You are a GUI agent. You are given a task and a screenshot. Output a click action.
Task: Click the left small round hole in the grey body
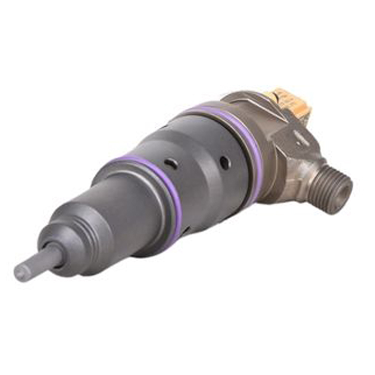[x=172, y=164]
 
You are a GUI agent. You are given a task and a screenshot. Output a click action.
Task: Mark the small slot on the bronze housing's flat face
[x=297, y=136]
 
